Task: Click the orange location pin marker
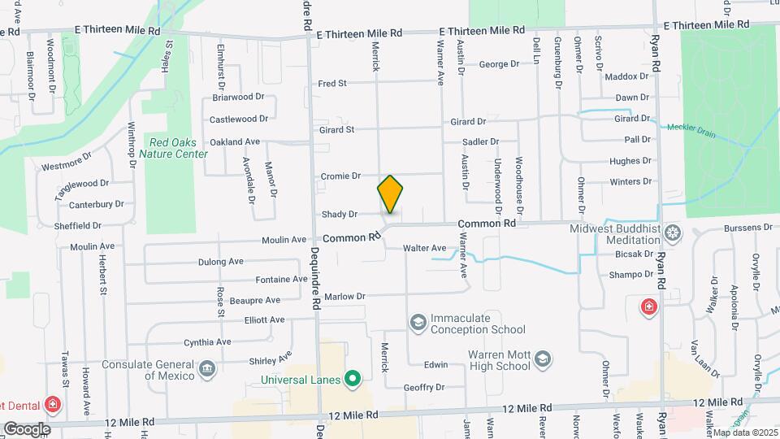coord(390,194)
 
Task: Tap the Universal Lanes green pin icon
coord(352,379)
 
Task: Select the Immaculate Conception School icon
coord(418,323)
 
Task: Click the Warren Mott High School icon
coord(543,358)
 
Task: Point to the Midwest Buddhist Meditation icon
coord(672,234)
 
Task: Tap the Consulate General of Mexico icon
coord(207,369)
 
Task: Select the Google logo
coord(27,428)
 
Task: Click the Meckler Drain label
coord(691,129)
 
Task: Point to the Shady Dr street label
coord(340,215)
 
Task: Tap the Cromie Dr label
coord(340,176)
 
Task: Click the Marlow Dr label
coord(345,297)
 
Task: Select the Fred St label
coord(332,83)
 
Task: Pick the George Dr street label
coord(499,64)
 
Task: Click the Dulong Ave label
coord(221,262)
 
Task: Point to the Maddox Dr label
coord(627,77)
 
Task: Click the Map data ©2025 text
coord(745,432)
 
